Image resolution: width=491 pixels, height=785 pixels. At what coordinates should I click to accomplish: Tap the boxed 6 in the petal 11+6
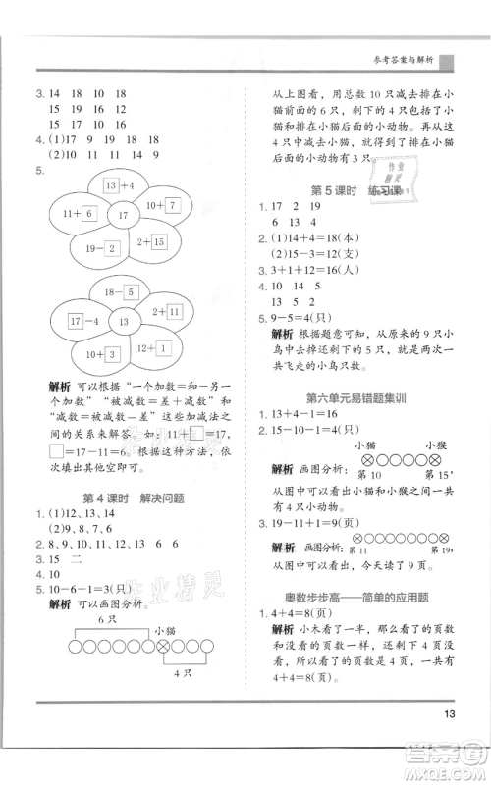pyautogui.click(x=87, y=212)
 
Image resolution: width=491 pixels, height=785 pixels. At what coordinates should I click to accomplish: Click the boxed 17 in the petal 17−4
pyautogui.click(x=74, y=320)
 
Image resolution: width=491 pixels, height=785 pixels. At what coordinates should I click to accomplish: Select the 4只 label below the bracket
pyautogui.click(x=178, y=674)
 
